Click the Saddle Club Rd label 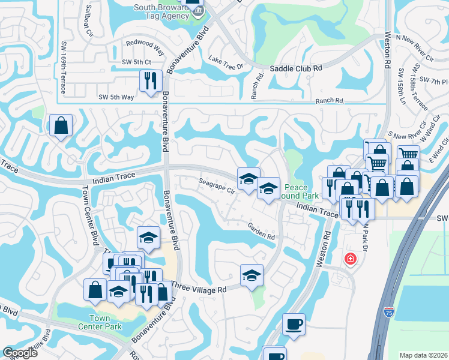click(296, 68)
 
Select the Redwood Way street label click(144, 44)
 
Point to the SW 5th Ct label click(136, 62)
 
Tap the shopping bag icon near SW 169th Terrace click(61, 125)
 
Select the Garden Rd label click(261, 232)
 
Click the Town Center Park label click(100, 322)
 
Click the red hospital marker click(349, 259)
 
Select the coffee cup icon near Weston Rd click(294, 324)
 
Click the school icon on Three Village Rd click(252, 275)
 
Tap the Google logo click(20, 353)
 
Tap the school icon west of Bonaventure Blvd click(148, 238)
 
